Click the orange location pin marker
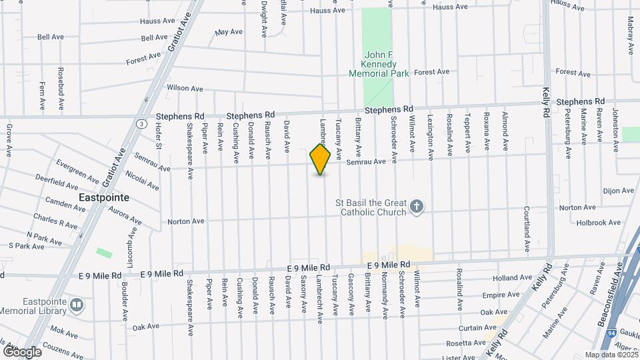click(320, 159)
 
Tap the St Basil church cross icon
click(417, 207)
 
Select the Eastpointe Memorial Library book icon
click(77, 305)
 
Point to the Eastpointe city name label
click(104, 198)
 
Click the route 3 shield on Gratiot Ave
click(141, 123)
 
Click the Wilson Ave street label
click(185, 88)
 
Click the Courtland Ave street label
click(527, 229)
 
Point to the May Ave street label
click(229, 31)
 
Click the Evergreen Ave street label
click(77, 167)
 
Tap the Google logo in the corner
click(22, 351)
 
